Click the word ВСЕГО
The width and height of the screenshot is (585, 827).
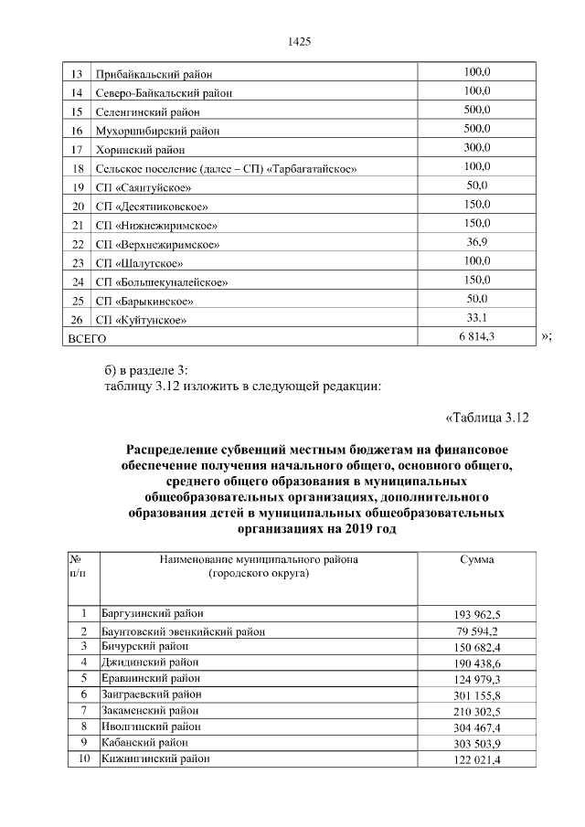[x=84, y=339]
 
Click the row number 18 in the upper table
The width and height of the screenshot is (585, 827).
[x=78, y=168]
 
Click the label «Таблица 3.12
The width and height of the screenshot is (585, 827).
[x=486, y=419]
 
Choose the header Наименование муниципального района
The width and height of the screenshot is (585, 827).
[x=259, y=559]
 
